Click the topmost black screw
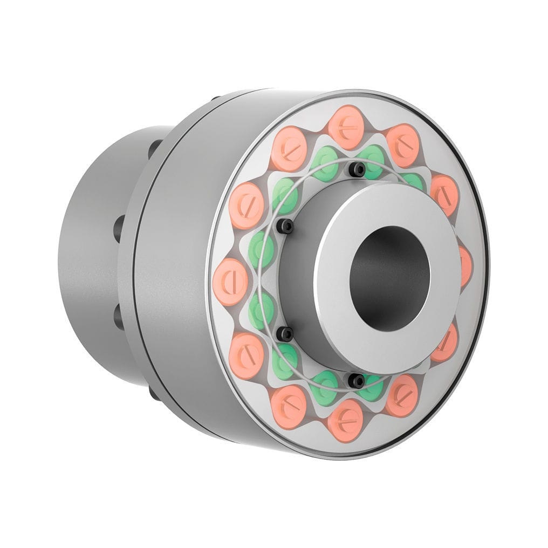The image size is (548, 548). (x=357, y=170)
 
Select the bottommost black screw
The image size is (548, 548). (x=355, y=380)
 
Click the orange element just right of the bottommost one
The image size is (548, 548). (x=402, y=395)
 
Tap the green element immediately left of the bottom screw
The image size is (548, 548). (x=325, y=386)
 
